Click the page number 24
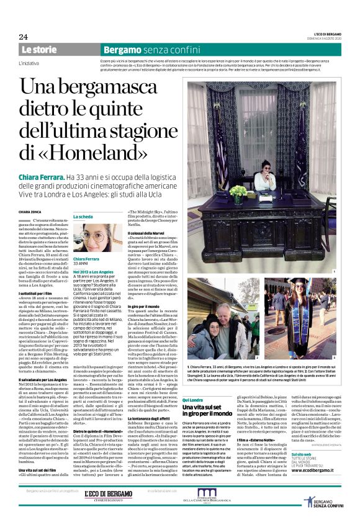(x=24, y=37)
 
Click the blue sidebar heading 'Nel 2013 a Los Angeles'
(x=93, y=271)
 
